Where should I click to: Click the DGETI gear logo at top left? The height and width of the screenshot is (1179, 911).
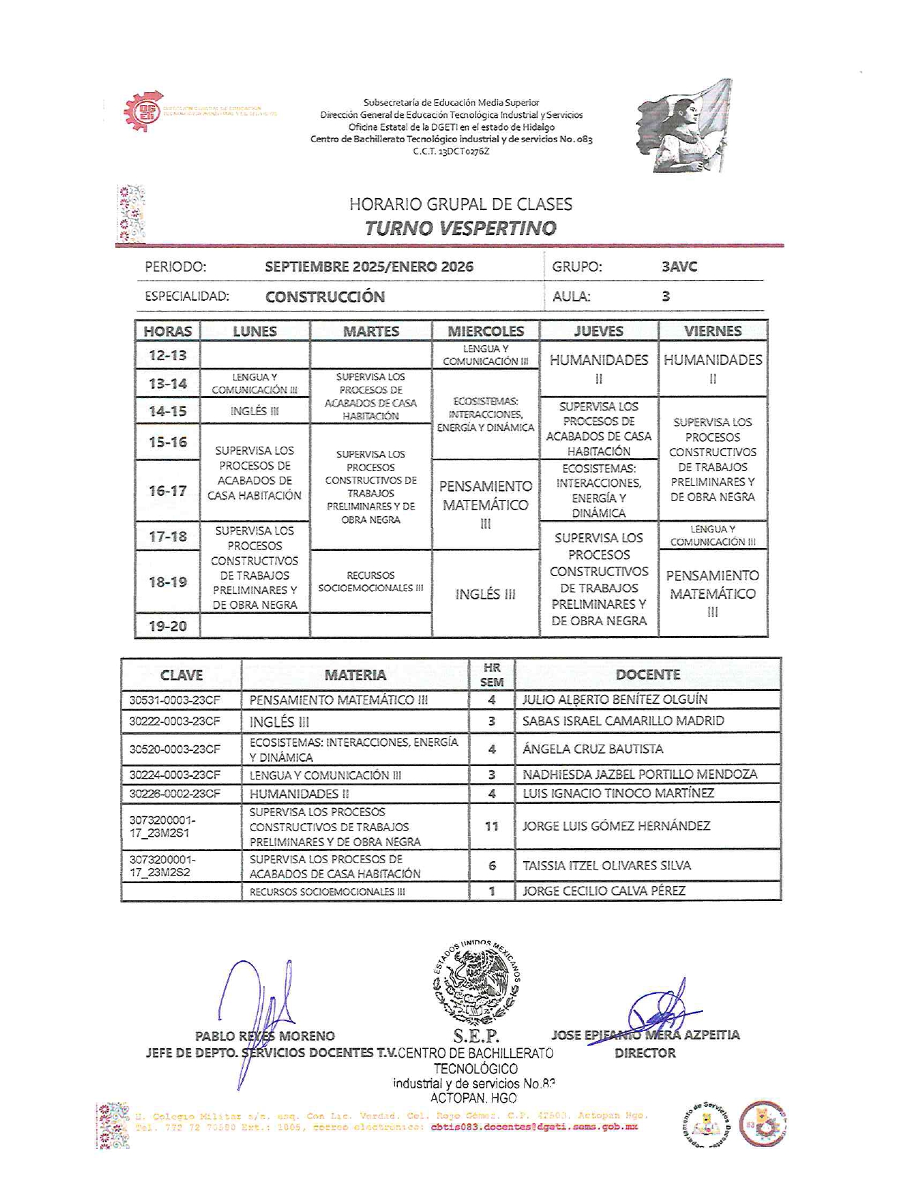click(141, 112)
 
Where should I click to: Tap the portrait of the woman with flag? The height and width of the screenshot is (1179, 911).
click(684, 126)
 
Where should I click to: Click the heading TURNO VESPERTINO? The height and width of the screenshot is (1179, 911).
click(460, 229)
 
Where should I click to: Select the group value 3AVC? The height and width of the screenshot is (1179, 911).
click(679, 267)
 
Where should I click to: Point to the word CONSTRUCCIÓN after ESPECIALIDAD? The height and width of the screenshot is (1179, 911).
click(325, 297)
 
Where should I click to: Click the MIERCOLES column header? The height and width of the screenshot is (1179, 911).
click(485, 331)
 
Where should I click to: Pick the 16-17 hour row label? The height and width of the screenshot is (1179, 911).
click(168, 491)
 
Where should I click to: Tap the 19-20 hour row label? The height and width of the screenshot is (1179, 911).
click(168, 626)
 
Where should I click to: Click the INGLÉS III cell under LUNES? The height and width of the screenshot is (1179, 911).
click(254, 411)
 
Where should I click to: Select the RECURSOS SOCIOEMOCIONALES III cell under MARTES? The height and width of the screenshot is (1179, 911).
click(370, 581)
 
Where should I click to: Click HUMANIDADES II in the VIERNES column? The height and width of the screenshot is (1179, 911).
click(712, 368)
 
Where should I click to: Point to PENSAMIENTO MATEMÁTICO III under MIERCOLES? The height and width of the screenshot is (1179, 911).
click(485, 504)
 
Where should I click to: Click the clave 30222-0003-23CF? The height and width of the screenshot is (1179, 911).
click(174, 721)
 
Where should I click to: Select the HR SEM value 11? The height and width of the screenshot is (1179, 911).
click(492, 826)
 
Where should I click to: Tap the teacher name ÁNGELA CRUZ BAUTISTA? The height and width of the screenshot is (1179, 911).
click(592, 749)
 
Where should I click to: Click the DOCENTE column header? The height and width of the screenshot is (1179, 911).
click(647, 675)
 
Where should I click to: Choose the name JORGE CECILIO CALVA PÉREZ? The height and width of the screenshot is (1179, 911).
click(604, 891)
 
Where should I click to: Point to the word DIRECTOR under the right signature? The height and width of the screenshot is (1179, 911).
click(644, 1053)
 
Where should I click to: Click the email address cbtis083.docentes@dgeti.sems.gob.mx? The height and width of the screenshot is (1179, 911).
click(534, 1127)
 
